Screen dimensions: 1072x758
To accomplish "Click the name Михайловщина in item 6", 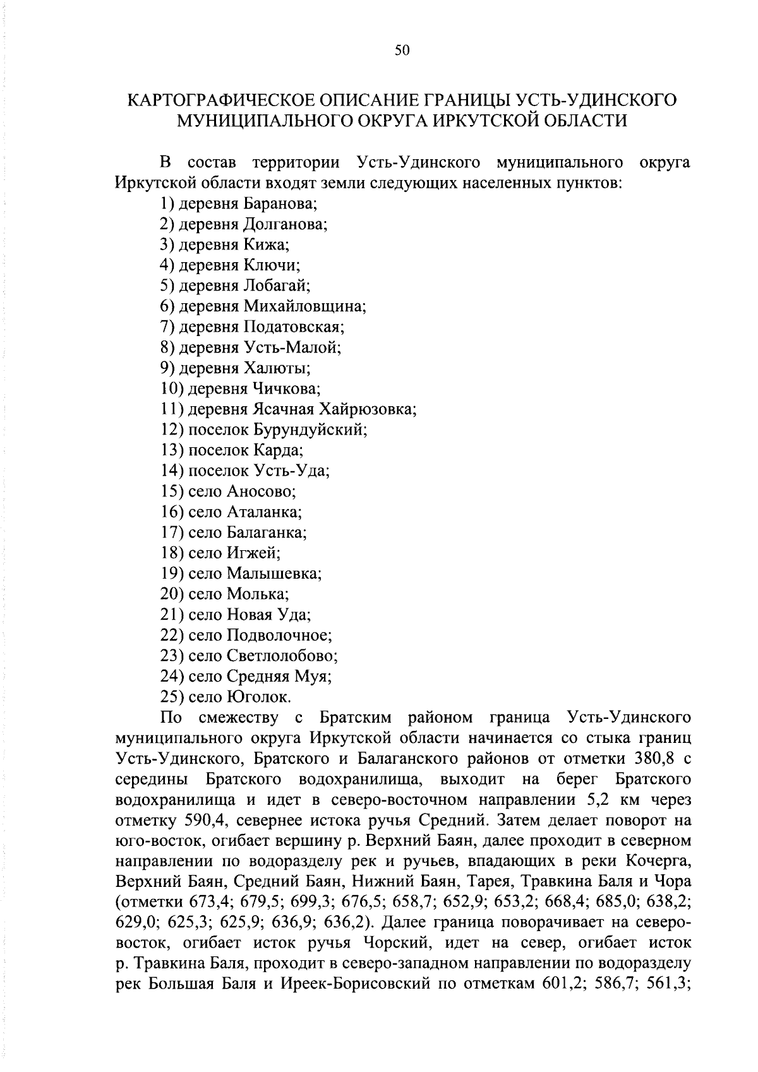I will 303,306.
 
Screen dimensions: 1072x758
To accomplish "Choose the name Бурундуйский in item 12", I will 310,430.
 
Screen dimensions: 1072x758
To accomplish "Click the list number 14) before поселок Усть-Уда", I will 172,471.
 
